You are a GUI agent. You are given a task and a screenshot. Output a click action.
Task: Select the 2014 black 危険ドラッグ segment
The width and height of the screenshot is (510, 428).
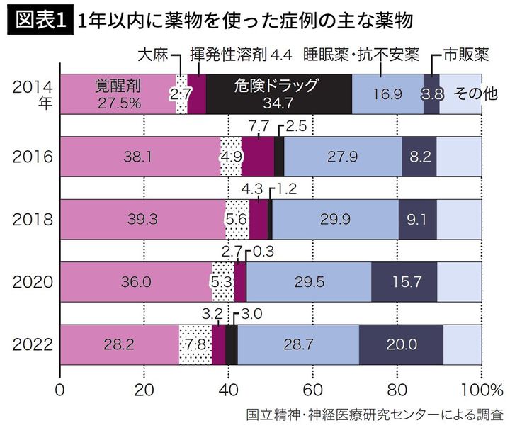click(278, 94)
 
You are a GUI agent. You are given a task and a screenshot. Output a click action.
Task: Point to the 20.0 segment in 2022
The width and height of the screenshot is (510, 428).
click(401, 345)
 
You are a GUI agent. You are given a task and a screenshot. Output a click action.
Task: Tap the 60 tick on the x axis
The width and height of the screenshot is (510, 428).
click(312, 388)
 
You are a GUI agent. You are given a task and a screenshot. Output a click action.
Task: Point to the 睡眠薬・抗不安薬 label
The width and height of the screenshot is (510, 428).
click(361, 54)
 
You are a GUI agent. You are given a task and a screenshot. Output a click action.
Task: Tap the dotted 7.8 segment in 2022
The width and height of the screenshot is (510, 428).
click(195, 345)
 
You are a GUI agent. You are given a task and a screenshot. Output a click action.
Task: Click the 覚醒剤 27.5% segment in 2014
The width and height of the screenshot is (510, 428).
click(118, 94)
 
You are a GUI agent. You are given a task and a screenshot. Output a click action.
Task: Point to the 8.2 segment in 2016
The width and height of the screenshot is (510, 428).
click(419, 156)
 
